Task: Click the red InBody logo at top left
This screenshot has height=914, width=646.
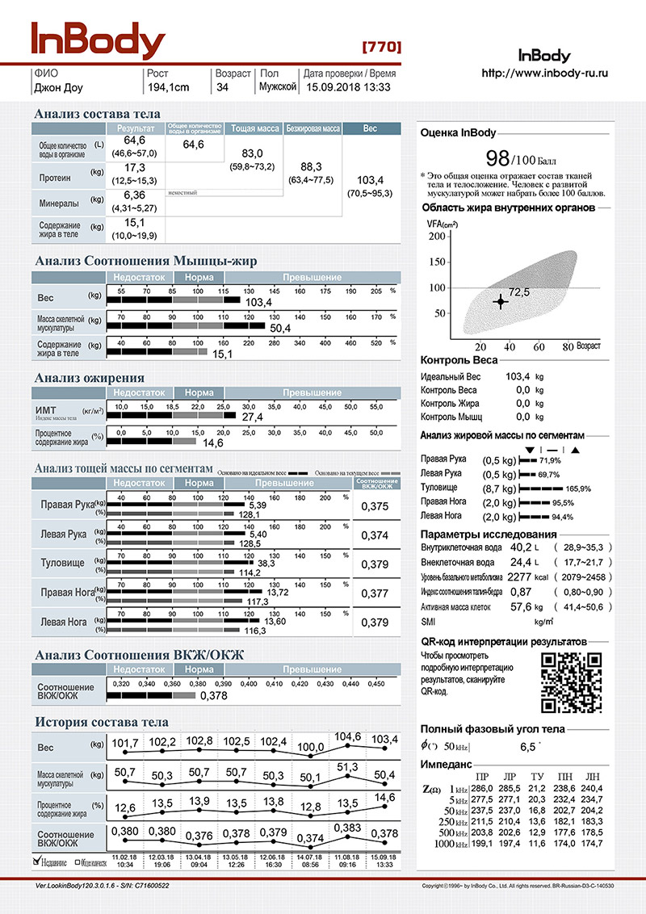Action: tap(99, 40)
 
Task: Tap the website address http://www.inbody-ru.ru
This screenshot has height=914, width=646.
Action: tap(544, 73)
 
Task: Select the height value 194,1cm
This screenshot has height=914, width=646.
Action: tap(169, 87)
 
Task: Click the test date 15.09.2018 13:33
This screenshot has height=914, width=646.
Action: tap(347, 87)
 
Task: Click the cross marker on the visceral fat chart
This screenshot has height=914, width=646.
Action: tap(500, 301)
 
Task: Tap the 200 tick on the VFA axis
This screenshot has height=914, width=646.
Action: tap(436, 236)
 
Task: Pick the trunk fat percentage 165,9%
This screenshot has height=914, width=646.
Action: tap(579, 488)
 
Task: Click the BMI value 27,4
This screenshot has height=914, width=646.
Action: tap(253, 417)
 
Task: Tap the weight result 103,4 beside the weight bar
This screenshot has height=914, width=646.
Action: tap(258, 302)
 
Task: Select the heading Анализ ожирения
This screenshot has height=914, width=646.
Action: tap(90, 377)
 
